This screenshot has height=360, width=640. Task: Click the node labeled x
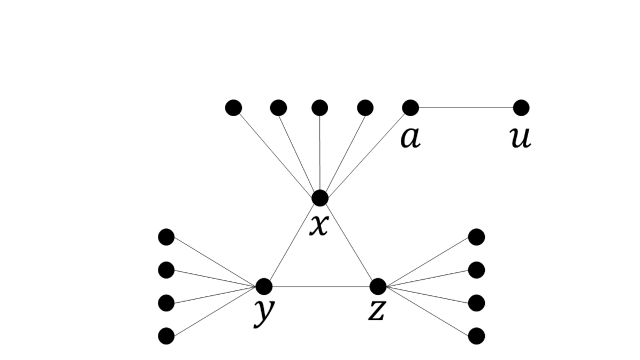point(319,198)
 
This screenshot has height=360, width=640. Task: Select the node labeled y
point(264,286)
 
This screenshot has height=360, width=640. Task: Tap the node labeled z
point(378,286)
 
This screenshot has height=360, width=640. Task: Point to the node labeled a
point(410,108)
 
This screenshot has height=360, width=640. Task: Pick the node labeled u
point(521,108)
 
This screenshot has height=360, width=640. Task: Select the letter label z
point(377,311)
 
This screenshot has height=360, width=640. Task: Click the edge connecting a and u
point(466,108)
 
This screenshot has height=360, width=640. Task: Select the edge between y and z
point(321,287)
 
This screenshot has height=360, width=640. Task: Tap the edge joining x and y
point(292,242)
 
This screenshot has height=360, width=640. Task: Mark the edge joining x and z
point(348,242)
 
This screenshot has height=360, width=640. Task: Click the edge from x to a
point(365,153)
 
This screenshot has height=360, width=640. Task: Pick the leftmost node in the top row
point(233,108)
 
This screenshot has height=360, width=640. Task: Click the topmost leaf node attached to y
point(166,236)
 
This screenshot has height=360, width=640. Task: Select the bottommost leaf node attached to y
point(166,336)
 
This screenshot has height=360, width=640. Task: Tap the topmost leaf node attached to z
point(476,236)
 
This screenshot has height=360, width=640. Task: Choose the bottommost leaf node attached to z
point(476,336)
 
